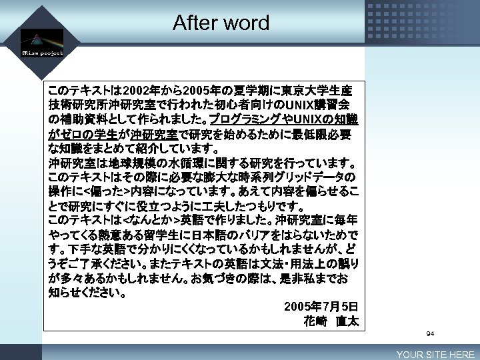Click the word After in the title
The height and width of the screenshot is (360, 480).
pos(195,23)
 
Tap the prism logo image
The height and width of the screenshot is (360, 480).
pos(41,38)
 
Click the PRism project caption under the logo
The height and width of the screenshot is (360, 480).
pos(42,53)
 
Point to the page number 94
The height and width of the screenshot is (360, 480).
pos(430,333)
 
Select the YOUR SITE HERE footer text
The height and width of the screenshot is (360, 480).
pos(435,355)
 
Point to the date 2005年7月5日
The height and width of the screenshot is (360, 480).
pos(321,307)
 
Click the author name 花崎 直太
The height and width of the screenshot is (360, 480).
pos(331,321)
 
